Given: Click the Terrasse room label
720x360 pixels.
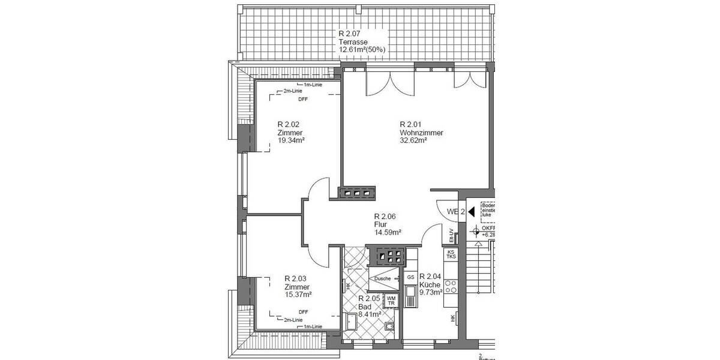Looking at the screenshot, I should (352, 42).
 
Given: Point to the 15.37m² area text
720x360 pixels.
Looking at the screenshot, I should (298, 294).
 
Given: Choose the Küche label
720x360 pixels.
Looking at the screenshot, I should (431, 285).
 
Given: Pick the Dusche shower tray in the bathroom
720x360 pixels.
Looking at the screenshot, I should (382, 278).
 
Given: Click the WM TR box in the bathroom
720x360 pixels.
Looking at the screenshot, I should (391, 300).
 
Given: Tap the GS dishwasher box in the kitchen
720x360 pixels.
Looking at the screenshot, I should (411, 277).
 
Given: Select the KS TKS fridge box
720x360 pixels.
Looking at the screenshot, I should (451, 254).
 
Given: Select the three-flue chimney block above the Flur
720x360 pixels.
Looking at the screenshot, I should (357, 193).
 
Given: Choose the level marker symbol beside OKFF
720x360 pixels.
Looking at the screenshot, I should (476, 230).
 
